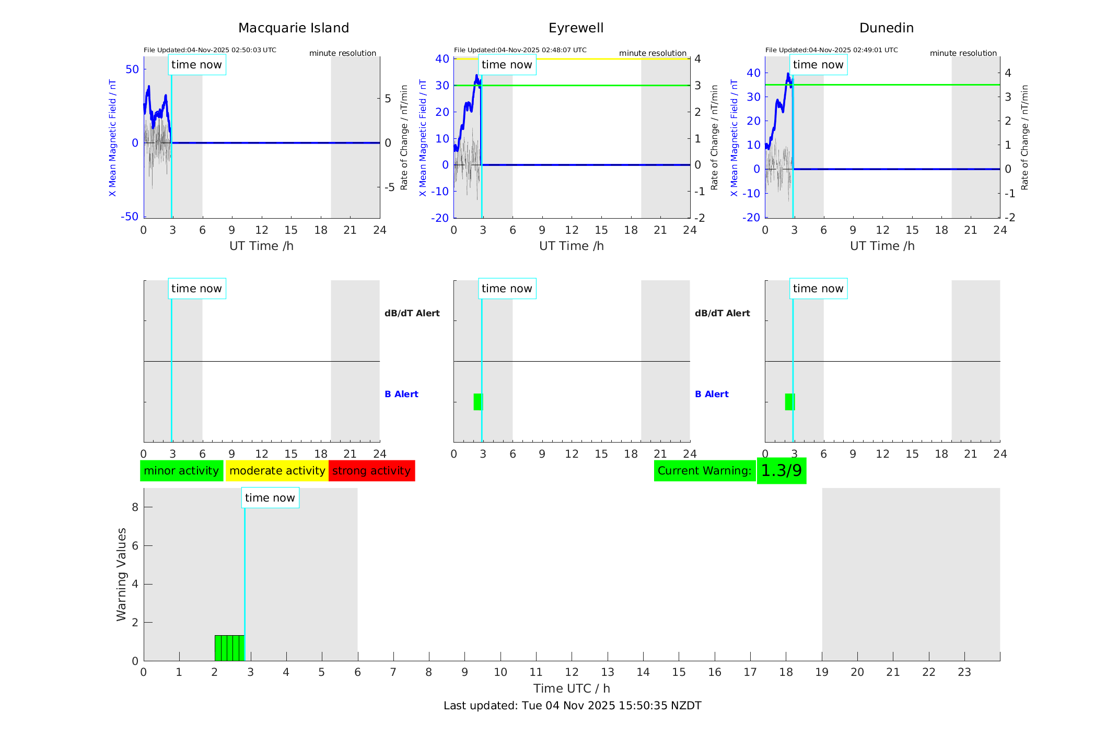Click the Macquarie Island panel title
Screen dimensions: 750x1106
click(293, 28)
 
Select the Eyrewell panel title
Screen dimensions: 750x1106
click(576, 28)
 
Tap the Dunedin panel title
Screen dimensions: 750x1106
click(886, 28)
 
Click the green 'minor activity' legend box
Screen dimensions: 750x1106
click(181, 471)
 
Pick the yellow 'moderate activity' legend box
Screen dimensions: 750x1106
click(277, 471)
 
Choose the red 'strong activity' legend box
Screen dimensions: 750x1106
click(371, 471)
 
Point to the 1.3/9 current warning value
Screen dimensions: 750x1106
click(781, 471)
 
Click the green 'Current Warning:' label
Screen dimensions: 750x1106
click(704, 471)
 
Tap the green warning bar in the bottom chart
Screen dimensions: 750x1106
click(229, 648)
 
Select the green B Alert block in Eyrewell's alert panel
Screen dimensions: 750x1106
click(478, 402)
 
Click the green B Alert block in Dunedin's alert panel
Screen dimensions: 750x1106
click(789, 402)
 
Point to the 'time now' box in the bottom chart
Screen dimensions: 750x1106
click(270, 498)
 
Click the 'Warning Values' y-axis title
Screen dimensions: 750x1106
click(121, 574)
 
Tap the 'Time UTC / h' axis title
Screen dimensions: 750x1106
click(572, 688)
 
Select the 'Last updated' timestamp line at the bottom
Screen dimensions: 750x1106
click(572, 706)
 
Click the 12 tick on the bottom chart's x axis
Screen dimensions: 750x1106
click(572, 672)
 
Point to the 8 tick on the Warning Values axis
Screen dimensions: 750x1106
click(135, 507)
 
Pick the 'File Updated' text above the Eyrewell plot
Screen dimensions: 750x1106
click(520, 50)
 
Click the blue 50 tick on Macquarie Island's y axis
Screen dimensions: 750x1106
click(132, 69)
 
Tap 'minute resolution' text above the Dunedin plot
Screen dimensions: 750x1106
click(963, 53)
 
